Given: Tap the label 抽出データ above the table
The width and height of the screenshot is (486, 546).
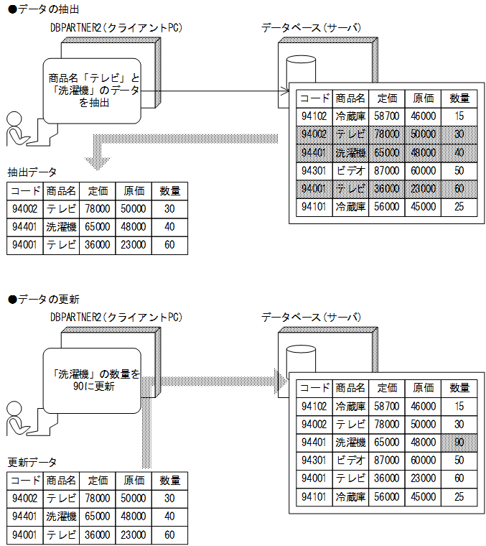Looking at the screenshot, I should click(x=32, y=172).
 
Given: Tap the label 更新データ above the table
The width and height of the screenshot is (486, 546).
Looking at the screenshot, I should click(x=32, y=461).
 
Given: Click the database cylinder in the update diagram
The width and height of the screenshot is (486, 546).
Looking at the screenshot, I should click(x=301, y=358).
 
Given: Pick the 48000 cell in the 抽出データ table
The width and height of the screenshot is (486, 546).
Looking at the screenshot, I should click(x=134, y=227).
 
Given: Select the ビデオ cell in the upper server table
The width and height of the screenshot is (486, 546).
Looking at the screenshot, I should click(x=350, y=171).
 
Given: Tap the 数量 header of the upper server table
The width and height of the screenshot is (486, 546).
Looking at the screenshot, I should click(x=459, y=98).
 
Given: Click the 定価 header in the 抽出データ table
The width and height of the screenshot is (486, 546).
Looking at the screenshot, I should click(x=98, y=190).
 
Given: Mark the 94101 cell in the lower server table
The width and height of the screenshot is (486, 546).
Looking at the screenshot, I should click(x=314, y=496).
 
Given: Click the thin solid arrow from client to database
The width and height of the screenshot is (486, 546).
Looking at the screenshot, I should click(x=215, y=91).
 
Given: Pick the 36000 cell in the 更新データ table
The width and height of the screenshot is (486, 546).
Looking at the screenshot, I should click(x=98, y=535).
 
